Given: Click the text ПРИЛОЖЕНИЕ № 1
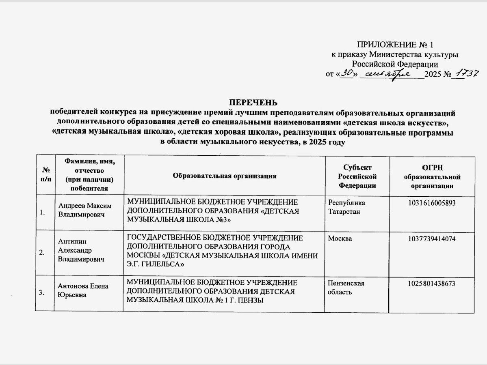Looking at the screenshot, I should [x=398, y=45].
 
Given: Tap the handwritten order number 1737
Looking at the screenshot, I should [x=466, y=74].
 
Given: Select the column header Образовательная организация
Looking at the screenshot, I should [x=225, y=176].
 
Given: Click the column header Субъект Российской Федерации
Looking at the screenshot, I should [x=357, y=176].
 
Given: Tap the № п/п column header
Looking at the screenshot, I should [x=46, y=176].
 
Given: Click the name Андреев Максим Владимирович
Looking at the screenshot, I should [x=84, y=210].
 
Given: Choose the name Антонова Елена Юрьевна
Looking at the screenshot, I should [x=83, y=290].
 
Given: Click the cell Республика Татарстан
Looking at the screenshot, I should [x=346, y=207].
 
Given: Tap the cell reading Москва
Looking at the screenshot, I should [x=340, y=239].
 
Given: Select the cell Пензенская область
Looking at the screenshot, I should [x=346, y=288].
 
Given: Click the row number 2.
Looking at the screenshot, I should [x=42, y=253].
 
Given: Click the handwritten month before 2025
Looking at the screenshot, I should [x=390, y=74].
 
